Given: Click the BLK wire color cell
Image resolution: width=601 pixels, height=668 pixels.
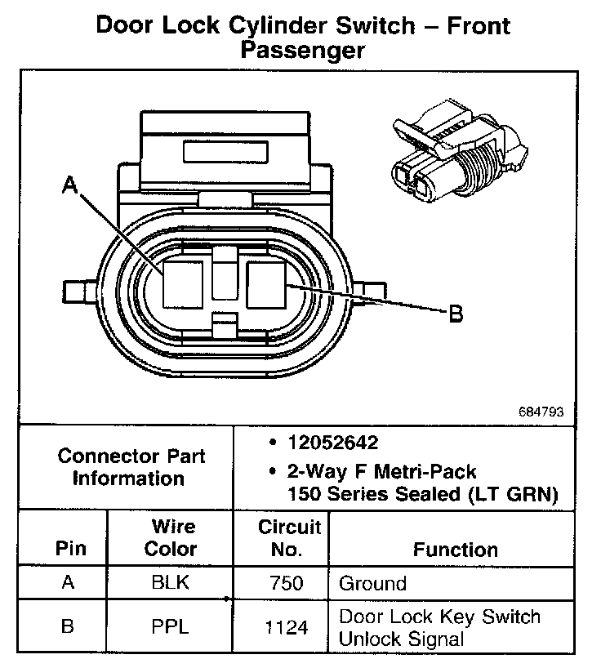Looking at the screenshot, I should (170, 583).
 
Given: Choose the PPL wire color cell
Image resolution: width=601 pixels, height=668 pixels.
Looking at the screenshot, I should (170, 626).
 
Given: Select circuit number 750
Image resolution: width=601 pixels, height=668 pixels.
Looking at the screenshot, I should (286, 583).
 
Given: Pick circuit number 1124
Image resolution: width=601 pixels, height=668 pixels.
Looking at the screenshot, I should (286, 627).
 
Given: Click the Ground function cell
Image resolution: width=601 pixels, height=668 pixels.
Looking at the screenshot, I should (372, 583).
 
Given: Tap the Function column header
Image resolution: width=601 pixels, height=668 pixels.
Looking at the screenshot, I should (455, 550).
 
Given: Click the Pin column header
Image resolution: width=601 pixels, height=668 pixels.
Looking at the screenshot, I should (70, 549).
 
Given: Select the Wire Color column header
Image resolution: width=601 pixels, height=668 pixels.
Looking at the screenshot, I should (170, 537).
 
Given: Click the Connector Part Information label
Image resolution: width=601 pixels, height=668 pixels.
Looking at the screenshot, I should (131, 467).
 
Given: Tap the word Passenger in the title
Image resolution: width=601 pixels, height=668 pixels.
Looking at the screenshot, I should (302, 51).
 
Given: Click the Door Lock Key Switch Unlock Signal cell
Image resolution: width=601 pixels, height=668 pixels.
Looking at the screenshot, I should (439, 627).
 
